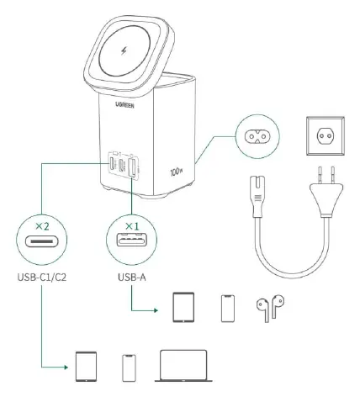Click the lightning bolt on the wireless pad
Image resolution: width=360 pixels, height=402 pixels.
pos(124,51)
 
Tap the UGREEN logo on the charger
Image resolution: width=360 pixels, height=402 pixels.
pos(124,105)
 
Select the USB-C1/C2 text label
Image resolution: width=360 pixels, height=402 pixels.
pos(42,278)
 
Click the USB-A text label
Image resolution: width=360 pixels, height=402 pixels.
pos(132,278)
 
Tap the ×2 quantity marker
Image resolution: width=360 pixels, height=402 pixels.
pos(42,226)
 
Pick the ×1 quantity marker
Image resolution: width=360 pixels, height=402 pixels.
pos(132,226)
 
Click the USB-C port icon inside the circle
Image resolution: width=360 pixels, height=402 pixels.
pos(42,241)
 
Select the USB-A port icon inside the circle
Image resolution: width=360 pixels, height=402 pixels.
pos(132,241)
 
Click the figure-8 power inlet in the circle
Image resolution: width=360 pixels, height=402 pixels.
pos(257,136)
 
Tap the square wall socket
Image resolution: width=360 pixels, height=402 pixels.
pos(326,136)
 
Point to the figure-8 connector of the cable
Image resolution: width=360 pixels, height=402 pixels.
pos(258,196)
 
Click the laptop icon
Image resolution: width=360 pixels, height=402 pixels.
pos(183,366)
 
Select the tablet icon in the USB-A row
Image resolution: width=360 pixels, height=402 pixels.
pos(183,307)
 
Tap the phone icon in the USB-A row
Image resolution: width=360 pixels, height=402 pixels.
pos(228,308)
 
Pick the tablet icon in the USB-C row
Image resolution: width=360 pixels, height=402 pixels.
pos(87,367)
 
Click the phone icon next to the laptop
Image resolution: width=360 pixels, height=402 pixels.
pos(129,368)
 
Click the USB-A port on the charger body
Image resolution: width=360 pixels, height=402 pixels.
pos(132,168)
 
